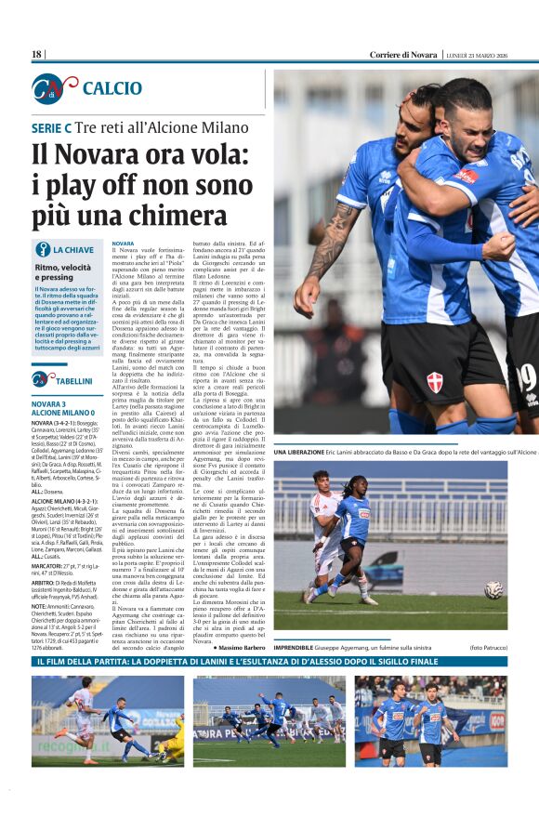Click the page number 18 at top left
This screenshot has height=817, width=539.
[x=37, y=55]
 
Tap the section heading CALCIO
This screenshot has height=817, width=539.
[x=112, y=88]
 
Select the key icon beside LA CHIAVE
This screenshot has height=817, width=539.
[x=42, y=249]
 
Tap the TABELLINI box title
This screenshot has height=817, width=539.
[x=73, y=381]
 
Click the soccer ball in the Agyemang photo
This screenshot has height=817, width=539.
[x=493, y=589]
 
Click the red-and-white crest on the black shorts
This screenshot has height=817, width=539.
[x=434, y=380]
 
